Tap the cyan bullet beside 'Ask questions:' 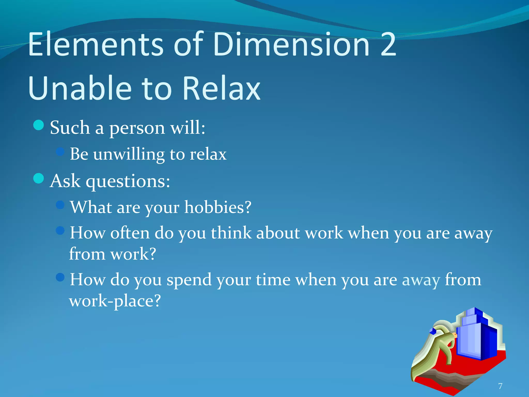pos(39,178)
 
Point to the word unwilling pos(129,154)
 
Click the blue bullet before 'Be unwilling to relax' pos(60,151)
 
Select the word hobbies pos(214,207)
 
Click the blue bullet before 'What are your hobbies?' pos(60,205)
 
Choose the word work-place pos(115,301)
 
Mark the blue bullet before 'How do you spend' pos(60,277)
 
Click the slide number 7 pos(500,386)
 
